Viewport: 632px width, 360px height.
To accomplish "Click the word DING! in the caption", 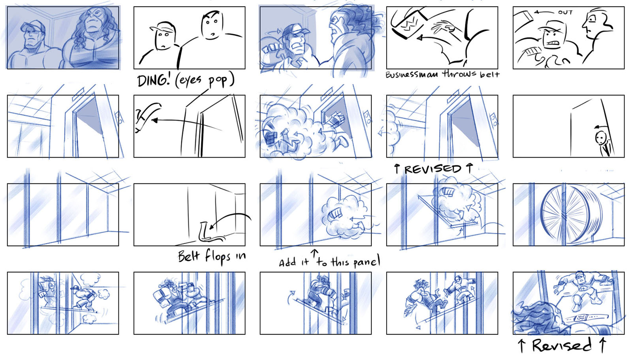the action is click(154, 81).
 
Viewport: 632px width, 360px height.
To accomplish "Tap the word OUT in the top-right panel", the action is click(565, 12).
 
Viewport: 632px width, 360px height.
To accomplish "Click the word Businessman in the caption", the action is click(412, 75).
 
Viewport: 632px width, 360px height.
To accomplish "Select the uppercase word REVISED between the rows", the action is click(433, 169).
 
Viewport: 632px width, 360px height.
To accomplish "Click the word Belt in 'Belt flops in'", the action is click(189, 256).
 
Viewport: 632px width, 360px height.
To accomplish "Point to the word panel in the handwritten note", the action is click(367, 261).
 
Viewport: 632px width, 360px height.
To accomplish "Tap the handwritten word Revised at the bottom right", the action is click(562, 345).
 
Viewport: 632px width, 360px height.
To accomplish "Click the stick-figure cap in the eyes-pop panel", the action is click(162, 27).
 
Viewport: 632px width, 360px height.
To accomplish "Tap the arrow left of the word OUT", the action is click(544, 12).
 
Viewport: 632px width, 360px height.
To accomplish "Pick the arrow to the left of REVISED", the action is click(397, 169).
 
